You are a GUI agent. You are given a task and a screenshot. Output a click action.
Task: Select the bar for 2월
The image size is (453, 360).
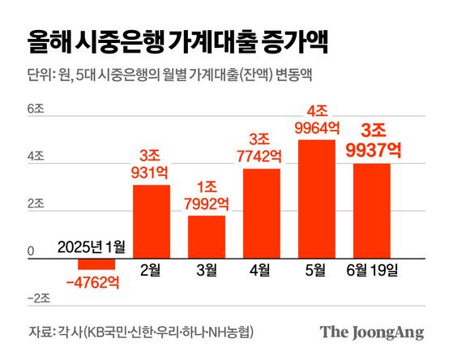[152, 219]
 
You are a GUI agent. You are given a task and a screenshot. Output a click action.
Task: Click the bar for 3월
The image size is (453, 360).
[207, 234]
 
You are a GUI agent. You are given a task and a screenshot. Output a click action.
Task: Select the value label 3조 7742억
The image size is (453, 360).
[262, 147]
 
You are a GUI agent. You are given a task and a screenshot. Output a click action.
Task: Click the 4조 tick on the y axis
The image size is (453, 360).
[36, 158]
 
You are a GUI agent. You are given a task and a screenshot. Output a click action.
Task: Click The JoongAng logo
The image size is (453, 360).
[371, 332]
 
